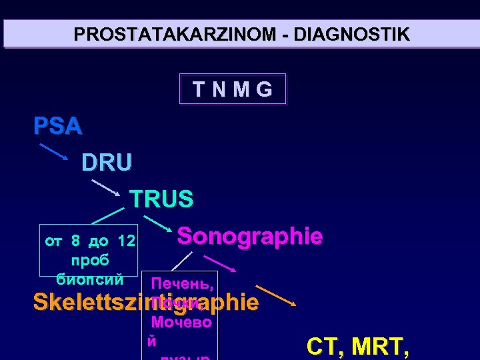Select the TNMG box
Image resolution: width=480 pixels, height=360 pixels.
233,89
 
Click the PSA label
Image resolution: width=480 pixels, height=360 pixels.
58,126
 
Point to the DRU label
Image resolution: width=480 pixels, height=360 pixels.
107,162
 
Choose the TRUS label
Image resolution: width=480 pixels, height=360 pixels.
161,199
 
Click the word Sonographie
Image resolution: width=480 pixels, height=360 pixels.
250,236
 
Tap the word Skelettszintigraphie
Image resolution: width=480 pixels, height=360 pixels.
146,302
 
